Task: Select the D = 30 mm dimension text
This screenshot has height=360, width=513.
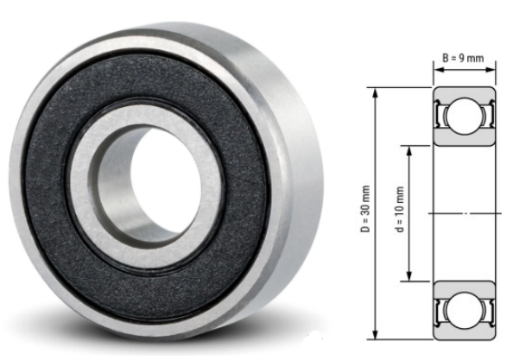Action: [365, 210]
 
